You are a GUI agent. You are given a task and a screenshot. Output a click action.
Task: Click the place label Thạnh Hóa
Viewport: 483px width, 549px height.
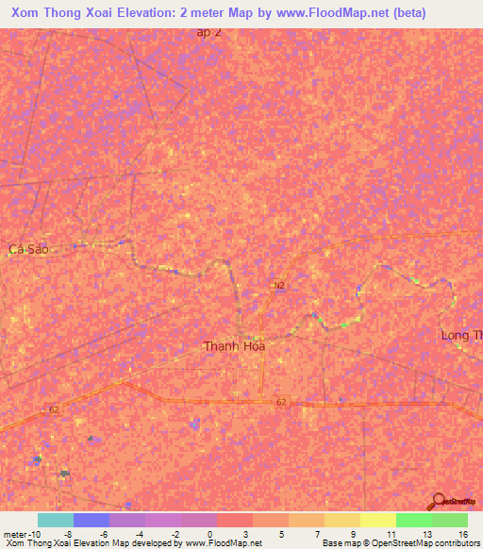click(x=235, y=346)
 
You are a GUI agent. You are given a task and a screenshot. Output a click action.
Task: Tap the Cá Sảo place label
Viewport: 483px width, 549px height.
click(x=27, y=249)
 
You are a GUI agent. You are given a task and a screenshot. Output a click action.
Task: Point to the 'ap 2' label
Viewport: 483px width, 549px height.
click(x=209, y=31)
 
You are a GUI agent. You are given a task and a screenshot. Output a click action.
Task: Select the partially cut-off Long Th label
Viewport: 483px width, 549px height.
click(x=461, y=336)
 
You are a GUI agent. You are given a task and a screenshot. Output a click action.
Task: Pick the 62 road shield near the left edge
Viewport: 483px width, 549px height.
click(x=54, y=409)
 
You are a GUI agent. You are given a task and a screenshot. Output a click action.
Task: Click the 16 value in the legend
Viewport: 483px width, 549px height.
click(x=462, y=533)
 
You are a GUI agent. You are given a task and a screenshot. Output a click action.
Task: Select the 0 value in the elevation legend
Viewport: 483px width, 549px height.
click(x=209, y=533)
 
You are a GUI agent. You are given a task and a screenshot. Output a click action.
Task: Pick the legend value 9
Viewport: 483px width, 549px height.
click(x=353, y=533)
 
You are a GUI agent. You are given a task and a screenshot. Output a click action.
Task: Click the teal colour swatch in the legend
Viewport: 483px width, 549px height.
click(x=55, y=520)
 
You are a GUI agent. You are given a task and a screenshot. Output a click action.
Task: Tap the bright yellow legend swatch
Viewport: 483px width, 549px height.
click(x=377, y=520)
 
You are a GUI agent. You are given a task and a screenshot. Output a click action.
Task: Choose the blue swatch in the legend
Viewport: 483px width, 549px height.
click(x=91, y=520)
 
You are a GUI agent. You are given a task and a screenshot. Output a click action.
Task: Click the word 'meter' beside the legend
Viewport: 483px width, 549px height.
click(x=13, y=533)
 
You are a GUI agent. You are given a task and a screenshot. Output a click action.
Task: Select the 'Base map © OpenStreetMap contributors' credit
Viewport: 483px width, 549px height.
click(x=400, y=543)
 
